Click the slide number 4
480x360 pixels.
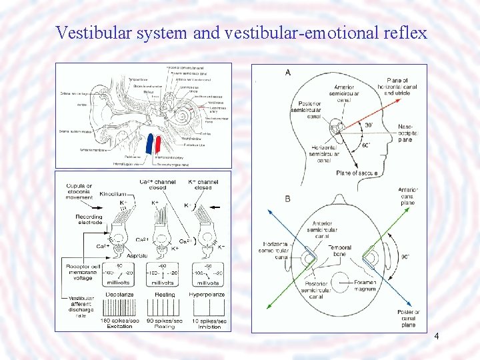[436, 337]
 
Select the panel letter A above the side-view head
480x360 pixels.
[287, 72]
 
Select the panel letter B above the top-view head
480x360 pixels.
[287, 198]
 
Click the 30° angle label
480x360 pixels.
[369, 124]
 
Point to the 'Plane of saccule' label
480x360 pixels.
[357, 173]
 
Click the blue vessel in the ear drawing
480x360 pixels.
[149, 144]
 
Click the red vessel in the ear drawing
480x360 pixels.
[159, 144]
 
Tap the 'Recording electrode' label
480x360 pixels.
[89, 220]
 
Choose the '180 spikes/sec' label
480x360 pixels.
[116, 321]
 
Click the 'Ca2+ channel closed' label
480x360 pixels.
[158, 185]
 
